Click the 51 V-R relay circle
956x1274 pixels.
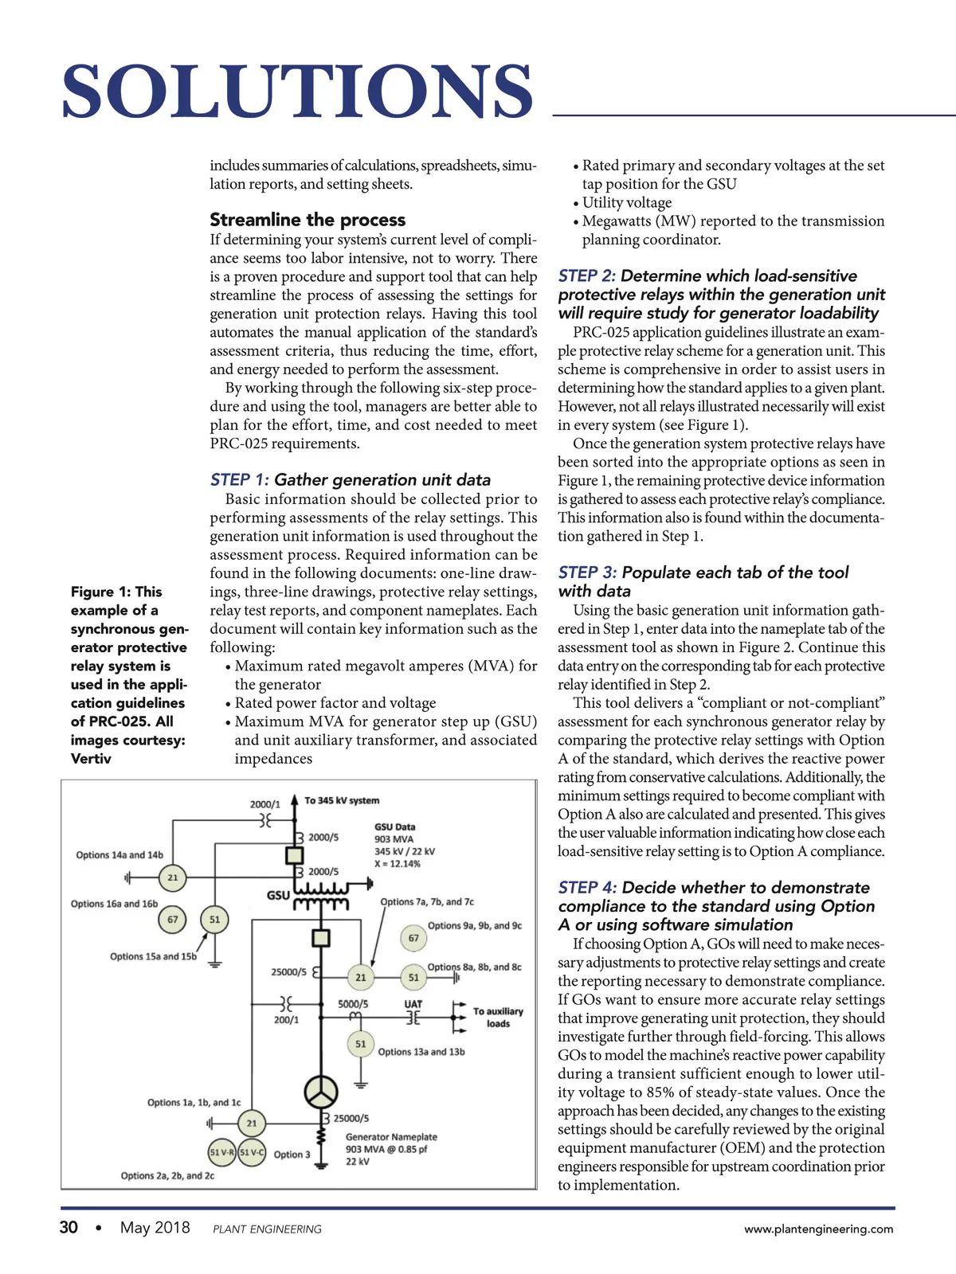pyautogui.click(x=221, y=1152)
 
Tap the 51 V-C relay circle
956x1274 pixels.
pyautogui.click(x=252, y=1152)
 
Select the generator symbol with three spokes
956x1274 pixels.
pyautogui.click(x=320, y=1092)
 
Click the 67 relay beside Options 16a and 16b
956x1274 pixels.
pyautogui.click(x=172, y=919)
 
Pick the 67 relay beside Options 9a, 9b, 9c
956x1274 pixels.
pyautogui.click(x=413, y=938)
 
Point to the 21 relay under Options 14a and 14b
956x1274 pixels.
pyautogui.click(x=172, y=877)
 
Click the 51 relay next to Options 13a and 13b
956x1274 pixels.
pyautogui.click(x=361, y=1043)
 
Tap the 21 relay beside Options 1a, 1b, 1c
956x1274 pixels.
pyautogui.click(x=252, y=1124)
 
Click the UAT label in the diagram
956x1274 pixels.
pyautogui.click(x=413, y=1004)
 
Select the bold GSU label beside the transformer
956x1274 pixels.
pyautogui.click(x=278, y=895)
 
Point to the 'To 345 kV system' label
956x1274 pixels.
pyautogui.click(x=342, y=800)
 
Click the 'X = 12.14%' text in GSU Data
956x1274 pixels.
pyautogui.click(x=398, y=864)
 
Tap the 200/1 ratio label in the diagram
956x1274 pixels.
pyautogui.click(x=286, y=1020)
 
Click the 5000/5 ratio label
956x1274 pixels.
pyautogui.click(x=353, y=1004)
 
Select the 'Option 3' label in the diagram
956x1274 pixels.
pyautogui.click(x=292, y=1154)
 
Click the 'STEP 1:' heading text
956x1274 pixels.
pyautogui.click(x=239, y=480)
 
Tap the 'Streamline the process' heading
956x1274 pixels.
pyautogui.click(x=308, y=220)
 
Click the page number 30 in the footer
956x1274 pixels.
pyautogui.click(x=69, y=1228)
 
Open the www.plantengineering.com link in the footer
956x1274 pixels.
pyautogui.click(x=818, y=1229)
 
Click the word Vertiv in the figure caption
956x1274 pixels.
pyautogui.click(x=91, y=759)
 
